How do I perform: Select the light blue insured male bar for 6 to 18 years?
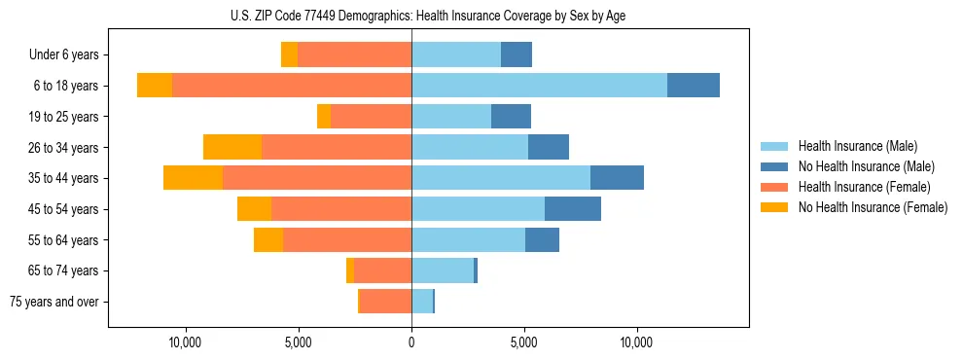tap(539, 86)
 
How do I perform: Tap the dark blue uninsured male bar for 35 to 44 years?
tap(617, 178)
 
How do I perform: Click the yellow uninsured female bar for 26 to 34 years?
tap(232, 147)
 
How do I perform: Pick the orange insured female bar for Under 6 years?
tap(354, 54)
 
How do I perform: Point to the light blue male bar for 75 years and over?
tap(422, 302)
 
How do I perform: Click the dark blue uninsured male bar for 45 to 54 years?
tap(573, 209)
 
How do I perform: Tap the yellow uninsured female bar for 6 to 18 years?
tap(155, 86)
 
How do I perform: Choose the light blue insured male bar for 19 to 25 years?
tap(451, 117)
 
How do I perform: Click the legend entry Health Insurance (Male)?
tap(857, 146)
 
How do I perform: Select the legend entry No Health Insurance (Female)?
tap(873, 207)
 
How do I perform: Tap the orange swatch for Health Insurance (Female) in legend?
tap(774, 187)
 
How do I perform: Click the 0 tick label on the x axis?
tap(411, 342)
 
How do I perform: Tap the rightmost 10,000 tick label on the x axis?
tap(637, 342)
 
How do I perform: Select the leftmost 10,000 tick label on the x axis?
tap(185, 342)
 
